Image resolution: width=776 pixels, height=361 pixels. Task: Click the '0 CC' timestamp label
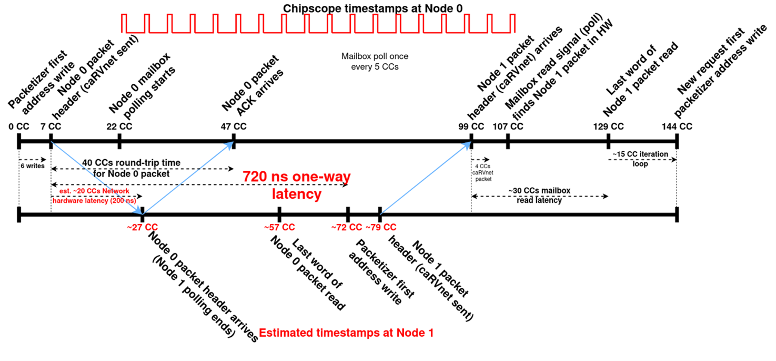pyautogui.click(x=18, y=126)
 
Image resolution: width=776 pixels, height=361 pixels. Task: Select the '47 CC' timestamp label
pyautogui.click(x=233, y=126)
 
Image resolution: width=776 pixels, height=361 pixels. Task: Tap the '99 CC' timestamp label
pyautogui.click(x=471, y=126)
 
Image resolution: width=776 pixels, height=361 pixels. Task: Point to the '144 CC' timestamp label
pyautogui.click(x=678, y=126)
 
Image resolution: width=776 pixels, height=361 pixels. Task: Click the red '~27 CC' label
pyautogui.click(x=142, y=227)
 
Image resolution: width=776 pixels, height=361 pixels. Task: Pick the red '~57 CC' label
pyautogui.click(x=279, y=227)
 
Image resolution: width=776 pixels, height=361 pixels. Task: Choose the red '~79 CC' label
pyautogui.click(x=381, y=227)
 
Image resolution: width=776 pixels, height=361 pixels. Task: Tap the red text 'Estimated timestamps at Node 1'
pyautogui.click(x=346, y=333)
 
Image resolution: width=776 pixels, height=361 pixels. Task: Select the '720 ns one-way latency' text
pyautogui.click(x=296, y=185)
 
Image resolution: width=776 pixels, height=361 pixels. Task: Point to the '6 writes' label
pyautogui.click(x=32, y=165)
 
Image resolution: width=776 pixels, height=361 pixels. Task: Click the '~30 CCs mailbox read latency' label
pyautogui.click(x=539, y=195)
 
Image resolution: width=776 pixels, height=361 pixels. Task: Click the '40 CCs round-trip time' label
pyautogui.click(x=134, y=163)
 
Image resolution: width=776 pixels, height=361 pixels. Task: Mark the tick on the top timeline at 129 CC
pyautogui.click(x=609, y=141)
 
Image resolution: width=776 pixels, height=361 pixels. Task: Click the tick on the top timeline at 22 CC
pyautogui.click(x=119, y=141)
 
